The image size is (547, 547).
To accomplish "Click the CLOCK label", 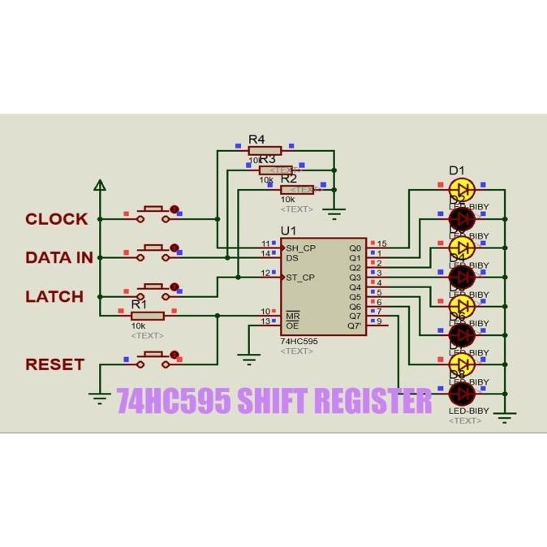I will click(x=56, y=218).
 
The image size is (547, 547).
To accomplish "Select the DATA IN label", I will click(x=59, y=257).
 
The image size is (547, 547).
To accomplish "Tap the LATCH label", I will click(x=54, y=296).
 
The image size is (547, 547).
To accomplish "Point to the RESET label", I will click(x=54, y=364).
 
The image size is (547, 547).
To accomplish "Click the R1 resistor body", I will click(x=147, y=316).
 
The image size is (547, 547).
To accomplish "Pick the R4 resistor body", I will click(x=265, y=150).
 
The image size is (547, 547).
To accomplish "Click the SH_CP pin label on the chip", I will click(x=300, y=248).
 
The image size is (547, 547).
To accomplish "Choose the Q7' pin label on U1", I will click(x=355, y=325).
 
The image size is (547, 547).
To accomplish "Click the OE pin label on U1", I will click(x=291, y=325).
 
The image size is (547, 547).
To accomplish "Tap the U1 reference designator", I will click(x=289, y=231).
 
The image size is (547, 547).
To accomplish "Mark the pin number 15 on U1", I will click(x=382, y=243).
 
